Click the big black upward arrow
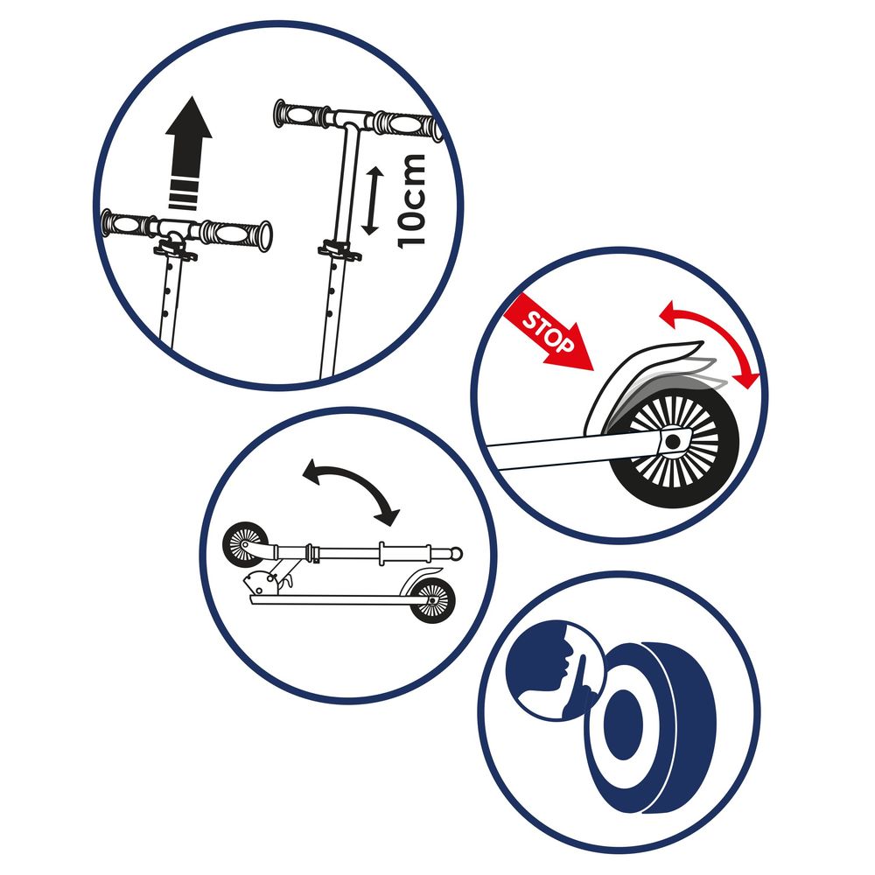[x=188, y=140]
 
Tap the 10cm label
[x=410, y=200]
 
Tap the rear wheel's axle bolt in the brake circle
[x=672, y=443]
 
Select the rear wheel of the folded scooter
[x=434, y=601]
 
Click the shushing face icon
[x=551, y=670]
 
